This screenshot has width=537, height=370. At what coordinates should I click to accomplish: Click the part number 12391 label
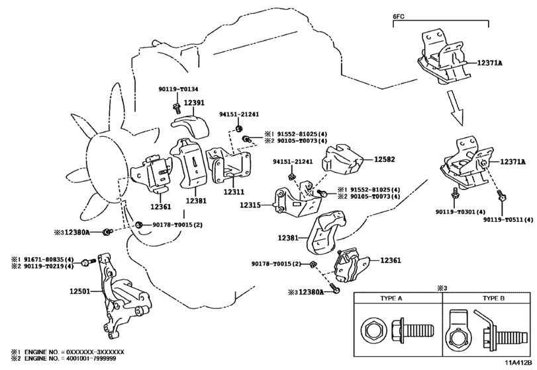pyautogui.click(x=194, y=102)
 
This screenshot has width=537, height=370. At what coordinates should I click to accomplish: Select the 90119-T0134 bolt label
pyautogui.click(x=178, y=89)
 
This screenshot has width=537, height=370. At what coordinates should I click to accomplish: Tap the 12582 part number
pyautogui.click(x=384, y=159)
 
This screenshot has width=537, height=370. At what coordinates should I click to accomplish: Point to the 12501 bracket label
pyautogui.click(x=80, y=291)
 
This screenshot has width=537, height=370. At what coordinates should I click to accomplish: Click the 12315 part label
pyautogui.click(x=250, y=205)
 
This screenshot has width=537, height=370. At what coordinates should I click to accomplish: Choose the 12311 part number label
pyautogui.click(x=234, y=192)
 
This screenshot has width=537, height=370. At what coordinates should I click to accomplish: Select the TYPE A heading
pyautogui.click(x=391, y=298)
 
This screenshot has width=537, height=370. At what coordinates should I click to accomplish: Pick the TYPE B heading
pyautogui.click(x=493, y=298)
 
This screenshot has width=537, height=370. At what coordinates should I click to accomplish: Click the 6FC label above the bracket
pyautogui.click(x=399, y=17)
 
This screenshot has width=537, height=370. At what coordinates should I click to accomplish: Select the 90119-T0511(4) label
pyautogui.click(x=509, y=219)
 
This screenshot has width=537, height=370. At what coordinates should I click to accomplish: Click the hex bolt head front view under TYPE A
pyautogui.click(x=373, y=331)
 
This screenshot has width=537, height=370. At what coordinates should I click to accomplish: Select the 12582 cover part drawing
pyautogui.click(x=342, y=161)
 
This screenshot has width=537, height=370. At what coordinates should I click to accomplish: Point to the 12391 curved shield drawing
pyautogui.click(x=191, y=126)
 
